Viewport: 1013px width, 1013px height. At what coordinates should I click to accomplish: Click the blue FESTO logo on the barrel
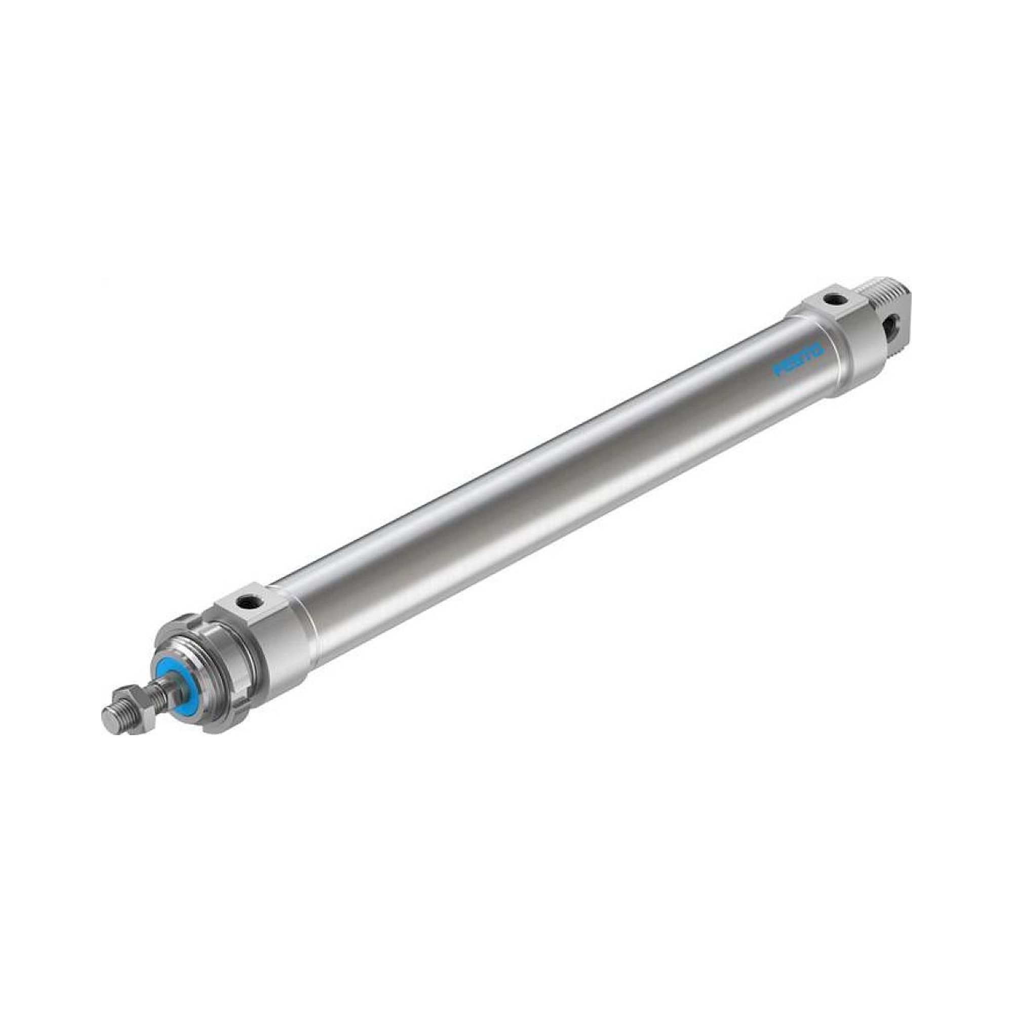tap(799, 360)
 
